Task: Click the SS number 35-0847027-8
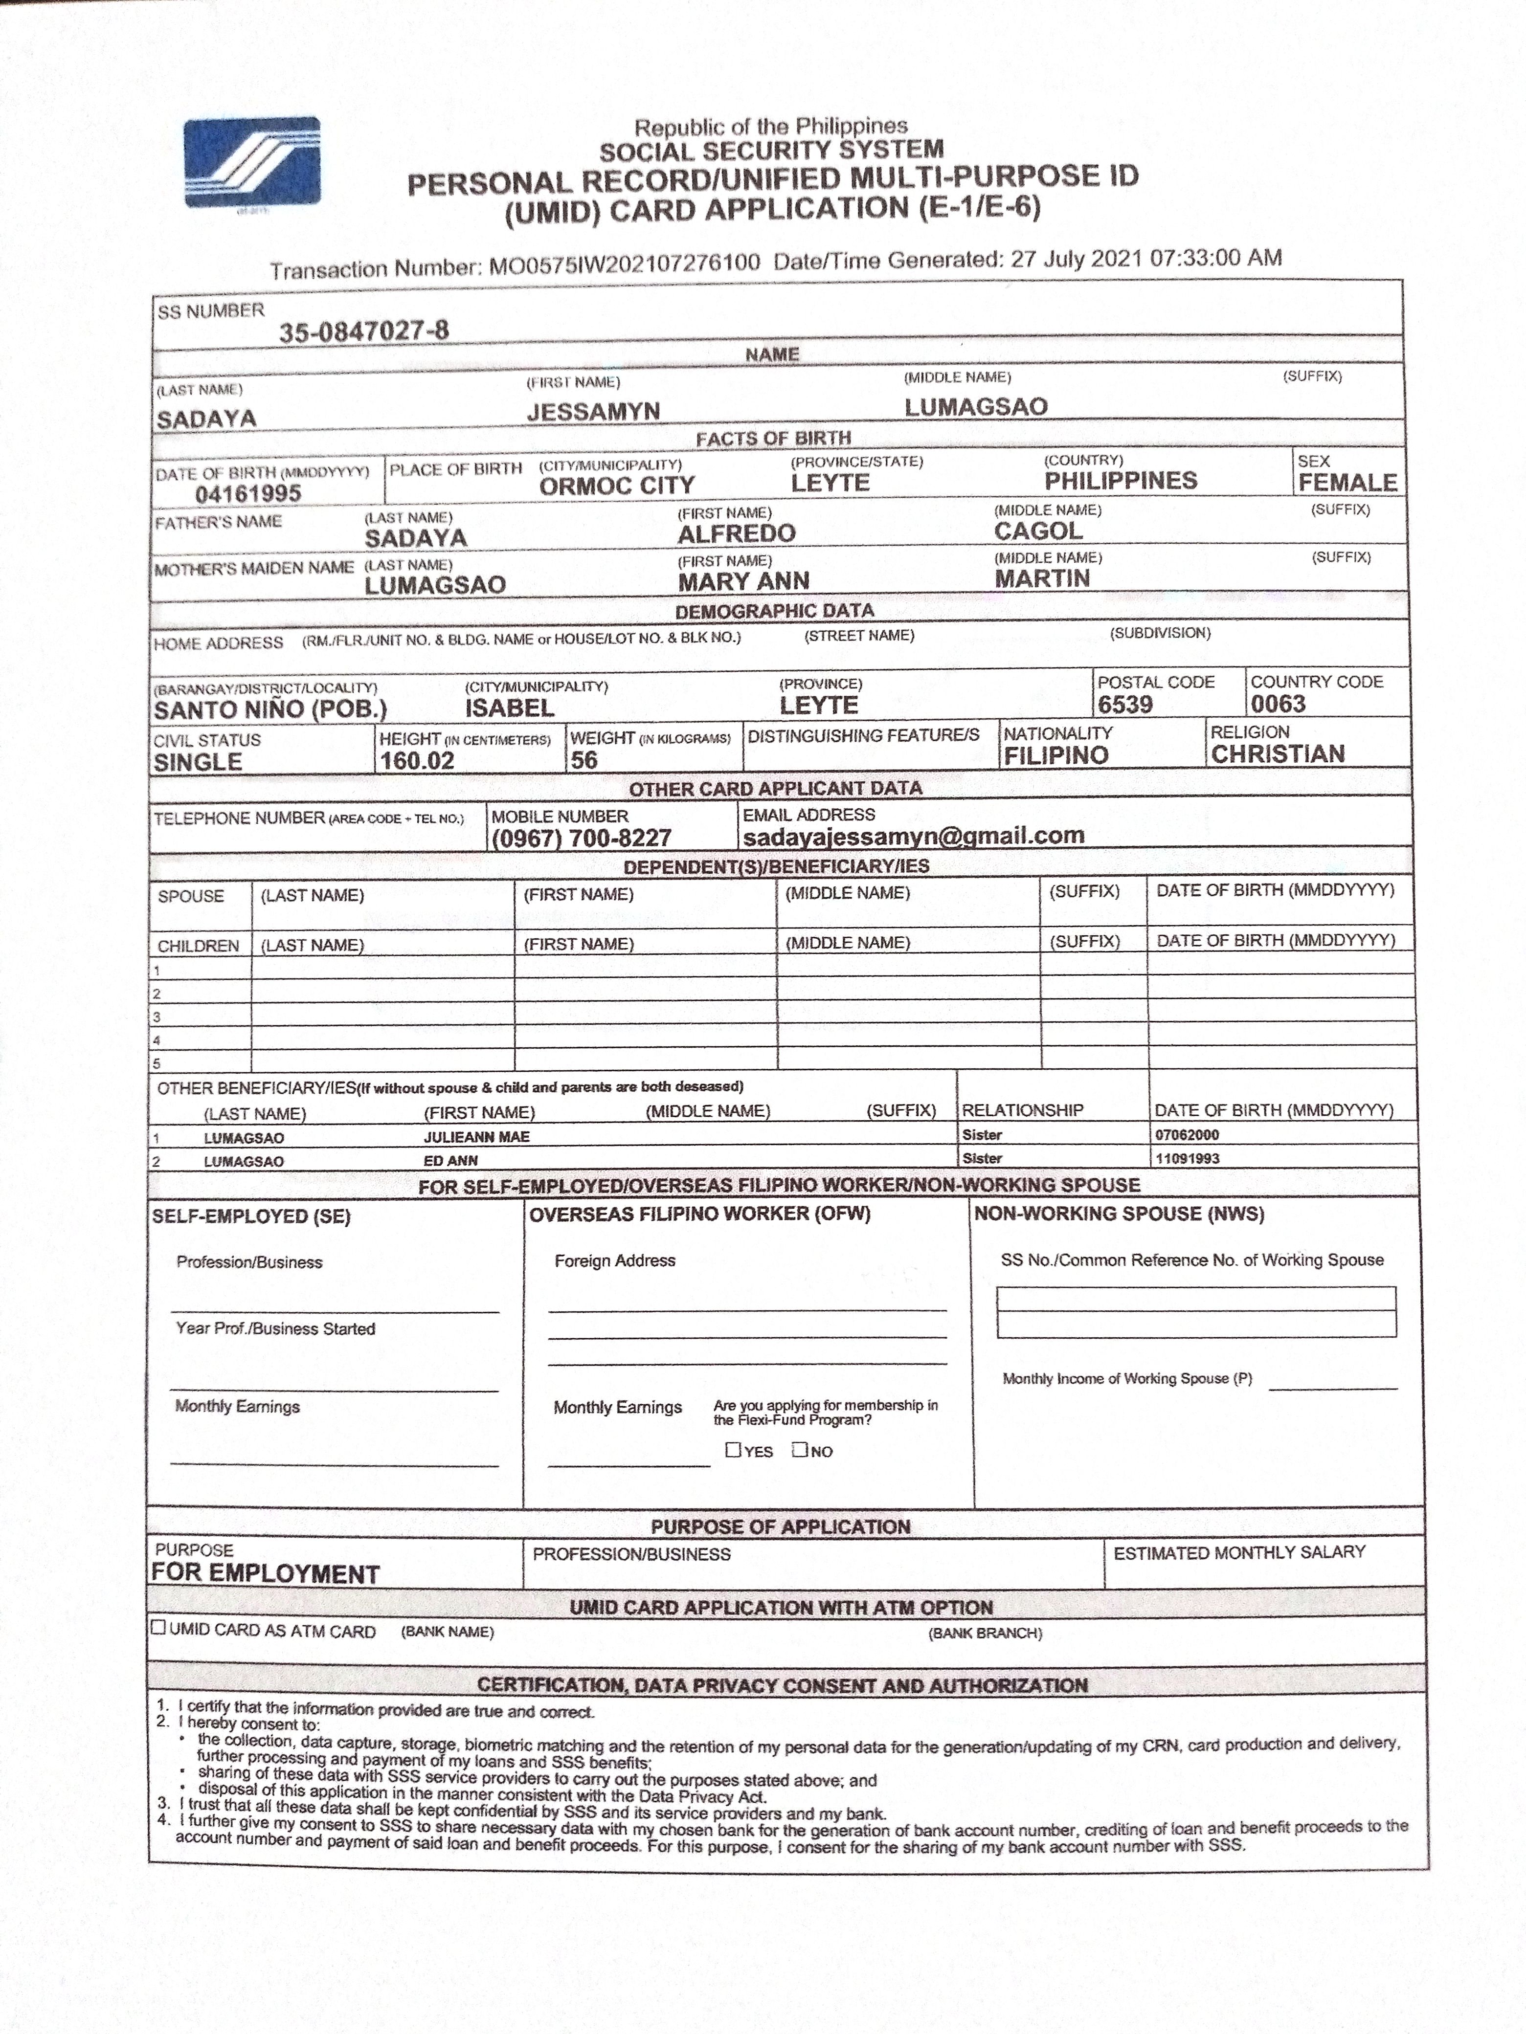point(364,330)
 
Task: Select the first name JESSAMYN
point(593,411)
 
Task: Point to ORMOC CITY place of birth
point(616,486)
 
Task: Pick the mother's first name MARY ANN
point(743,581)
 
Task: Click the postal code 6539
point(1125,705)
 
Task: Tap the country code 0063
point(1278,704)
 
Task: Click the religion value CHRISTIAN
point(1278,754)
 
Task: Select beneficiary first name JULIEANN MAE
point(476,1136)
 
